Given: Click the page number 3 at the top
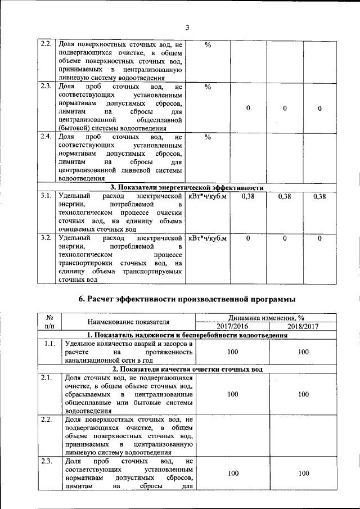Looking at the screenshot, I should [x=188, y=28].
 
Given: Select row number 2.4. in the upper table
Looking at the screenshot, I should [x=46, y=137].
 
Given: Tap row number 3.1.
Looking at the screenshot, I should [x=46, y=196].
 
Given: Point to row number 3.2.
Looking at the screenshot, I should [x=46, y=238].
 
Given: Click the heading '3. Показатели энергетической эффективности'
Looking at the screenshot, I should [x=187, y=187].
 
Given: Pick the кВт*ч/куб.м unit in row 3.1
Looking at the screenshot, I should [x=208, y=196].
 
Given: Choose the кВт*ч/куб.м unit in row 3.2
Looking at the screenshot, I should [x=208, y=238].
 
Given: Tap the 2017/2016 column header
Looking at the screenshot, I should [x=232, y=326].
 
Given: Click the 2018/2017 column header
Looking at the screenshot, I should [x=303, y=326].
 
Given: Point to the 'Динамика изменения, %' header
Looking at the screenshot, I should [x=268, y=317].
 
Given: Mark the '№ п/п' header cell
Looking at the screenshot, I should [x=49, y=322].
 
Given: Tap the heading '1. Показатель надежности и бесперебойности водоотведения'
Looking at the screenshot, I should [x=186, y=335].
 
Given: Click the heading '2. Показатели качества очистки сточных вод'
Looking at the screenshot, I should [x=186, y=369].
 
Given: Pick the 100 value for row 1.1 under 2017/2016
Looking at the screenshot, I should [x=232, y=352].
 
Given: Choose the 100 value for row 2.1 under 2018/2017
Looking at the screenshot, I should [x=303, y=394].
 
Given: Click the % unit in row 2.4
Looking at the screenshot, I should [x=208, y=137].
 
